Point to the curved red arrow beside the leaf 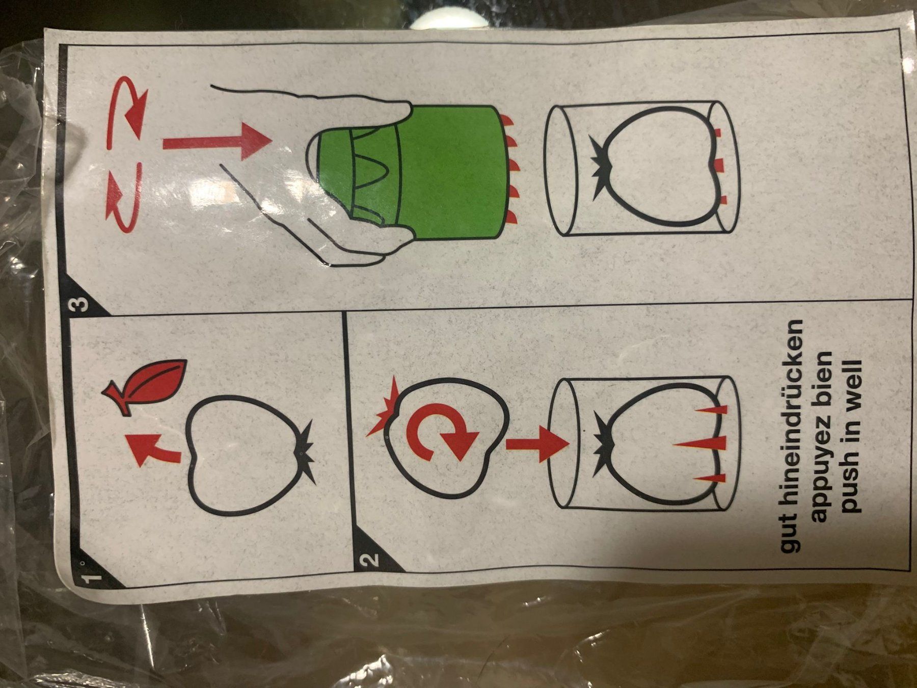click(x=153, y=448)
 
